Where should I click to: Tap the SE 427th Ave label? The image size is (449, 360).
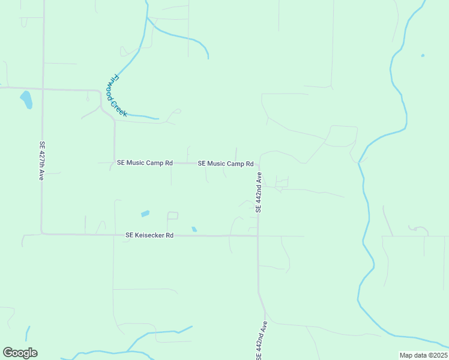click(x=42, y=161)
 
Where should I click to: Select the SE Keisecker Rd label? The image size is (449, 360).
click(x=149, y=236)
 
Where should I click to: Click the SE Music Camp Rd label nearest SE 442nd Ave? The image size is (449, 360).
click(x=226, y=163)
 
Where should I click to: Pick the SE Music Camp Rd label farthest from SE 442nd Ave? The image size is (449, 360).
click(x=145, y=163)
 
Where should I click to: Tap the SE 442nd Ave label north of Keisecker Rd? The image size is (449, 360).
click(x=259, y=192)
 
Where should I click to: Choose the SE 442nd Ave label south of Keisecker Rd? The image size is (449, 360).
click(x=261, y=341)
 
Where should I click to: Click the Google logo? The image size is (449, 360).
click(x=20, y=353)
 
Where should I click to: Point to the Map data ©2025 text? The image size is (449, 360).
click(x=423, y=355)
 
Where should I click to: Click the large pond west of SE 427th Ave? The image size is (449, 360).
click(x=26, y=100)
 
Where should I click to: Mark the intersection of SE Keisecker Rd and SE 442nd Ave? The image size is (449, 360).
click(x=258, y=236)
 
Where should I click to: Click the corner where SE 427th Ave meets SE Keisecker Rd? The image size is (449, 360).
click(x=42, y=233)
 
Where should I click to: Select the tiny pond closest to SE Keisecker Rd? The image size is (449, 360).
click(x=194, y=229)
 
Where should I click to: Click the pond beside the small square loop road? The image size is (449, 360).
click(x=145, y=214)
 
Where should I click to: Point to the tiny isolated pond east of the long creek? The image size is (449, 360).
click(x=423, y=56)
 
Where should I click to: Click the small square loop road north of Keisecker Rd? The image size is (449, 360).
click(x=173, y=215)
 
